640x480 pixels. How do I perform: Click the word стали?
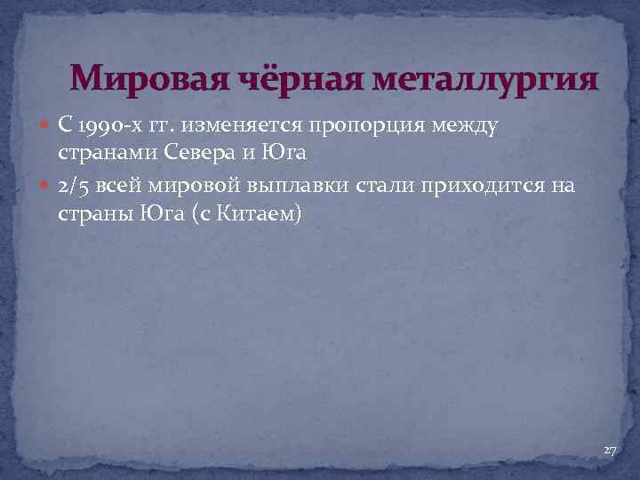(374, 188)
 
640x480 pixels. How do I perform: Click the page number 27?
(610, 452)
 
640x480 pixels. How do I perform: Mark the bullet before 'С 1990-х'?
(46, 126)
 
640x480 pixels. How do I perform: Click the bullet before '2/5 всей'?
(46, 188)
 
